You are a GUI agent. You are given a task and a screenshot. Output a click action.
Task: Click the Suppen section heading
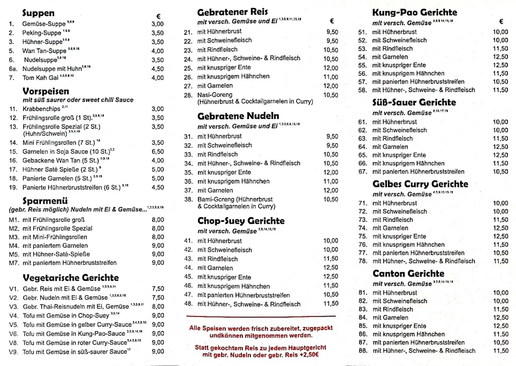tap(38, 14)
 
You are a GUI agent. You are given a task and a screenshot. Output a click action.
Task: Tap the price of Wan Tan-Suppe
tap(157, 51)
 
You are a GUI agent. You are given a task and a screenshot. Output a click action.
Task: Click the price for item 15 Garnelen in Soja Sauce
tap(157, 151)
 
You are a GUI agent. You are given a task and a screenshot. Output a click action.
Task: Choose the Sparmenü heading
tap(45, 201)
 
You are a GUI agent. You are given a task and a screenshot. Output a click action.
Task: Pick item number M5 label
tap(14, 254)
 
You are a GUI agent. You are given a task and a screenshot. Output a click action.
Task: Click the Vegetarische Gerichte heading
tap(71, 278)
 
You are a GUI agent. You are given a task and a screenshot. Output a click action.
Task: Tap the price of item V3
tap(158, 306)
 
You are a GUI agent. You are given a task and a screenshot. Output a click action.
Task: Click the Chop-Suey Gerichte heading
tap(241, 221)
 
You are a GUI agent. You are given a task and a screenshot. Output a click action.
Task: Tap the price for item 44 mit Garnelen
tap(331, 268)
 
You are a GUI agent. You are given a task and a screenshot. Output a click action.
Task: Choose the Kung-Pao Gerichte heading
tap(415, 12)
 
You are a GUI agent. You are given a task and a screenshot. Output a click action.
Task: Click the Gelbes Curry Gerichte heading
tap(420, 184)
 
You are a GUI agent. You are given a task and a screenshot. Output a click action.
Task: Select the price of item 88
tap(500, 351)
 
